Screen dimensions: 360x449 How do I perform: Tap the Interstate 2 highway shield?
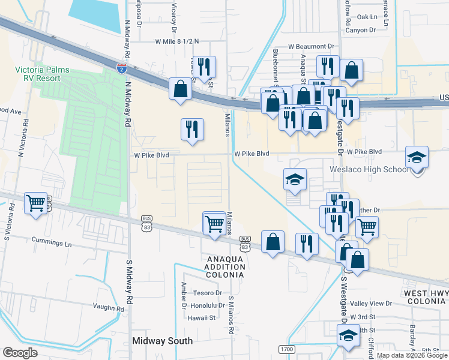tap(122, 68)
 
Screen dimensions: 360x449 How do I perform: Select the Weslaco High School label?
tap(369, 169)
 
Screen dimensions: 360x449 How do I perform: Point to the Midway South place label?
tap(162, 341)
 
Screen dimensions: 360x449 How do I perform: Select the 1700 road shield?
tap(286, 348)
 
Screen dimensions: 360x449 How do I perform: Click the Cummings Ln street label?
tap(52, 245)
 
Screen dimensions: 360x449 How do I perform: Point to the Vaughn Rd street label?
tap(108, 308)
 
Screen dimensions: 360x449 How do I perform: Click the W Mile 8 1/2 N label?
tap(176, 42)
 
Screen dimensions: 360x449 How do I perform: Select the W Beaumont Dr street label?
tap(311, 46)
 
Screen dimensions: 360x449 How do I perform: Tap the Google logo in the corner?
tap(20, 353)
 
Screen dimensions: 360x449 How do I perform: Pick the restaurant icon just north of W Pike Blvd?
tap(192, 129)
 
